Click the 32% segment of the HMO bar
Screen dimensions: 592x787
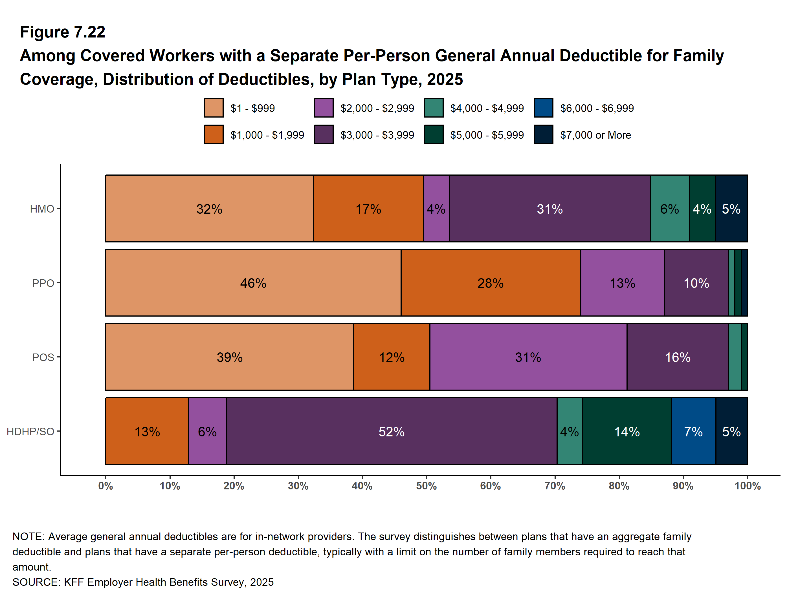(209, 209)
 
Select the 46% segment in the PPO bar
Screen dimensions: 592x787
(253, 283)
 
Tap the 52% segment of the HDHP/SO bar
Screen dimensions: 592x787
(391, 431)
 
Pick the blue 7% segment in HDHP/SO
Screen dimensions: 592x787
(693, 431)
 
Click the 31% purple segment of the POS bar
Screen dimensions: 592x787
(528, 357)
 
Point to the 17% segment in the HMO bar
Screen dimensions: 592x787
(368, 209)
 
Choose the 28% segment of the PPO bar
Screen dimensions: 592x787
(490, 283)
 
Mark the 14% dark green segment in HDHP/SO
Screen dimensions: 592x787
(626, 431)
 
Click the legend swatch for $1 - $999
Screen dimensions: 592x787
(214, 108)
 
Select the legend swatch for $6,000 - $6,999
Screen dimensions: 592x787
(543, 108)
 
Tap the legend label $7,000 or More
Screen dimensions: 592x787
(595, 135)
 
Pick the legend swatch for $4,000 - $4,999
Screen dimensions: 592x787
(434, 108)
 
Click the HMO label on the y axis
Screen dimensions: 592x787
(42, 209)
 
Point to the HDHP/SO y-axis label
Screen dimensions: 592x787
(30, 431)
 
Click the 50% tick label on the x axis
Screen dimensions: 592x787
(426, 486)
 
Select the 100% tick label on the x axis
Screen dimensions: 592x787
(747, 486)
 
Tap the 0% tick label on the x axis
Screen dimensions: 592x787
(106, 486)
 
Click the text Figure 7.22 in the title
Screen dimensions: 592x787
(63, 32)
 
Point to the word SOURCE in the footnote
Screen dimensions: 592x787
(35, 582)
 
